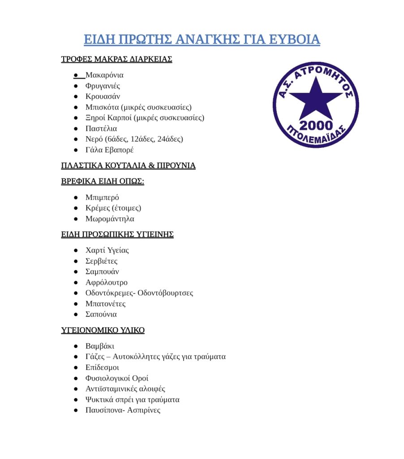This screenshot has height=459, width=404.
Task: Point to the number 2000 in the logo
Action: [316, 125]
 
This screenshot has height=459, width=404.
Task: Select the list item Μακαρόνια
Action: [104, 75]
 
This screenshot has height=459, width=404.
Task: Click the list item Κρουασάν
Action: [103, 96]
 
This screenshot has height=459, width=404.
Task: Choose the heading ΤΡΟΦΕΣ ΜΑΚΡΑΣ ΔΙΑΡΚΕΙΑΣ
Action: [116, 59]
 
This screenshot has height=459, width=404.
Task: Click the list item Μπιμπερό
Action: [102, 197]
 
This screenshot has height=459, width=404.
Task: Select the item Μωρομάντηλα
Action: [110, 219]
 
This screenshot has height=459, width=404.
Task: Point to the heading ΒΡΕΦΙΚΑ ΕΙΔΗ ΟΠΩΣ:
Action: [103, 182]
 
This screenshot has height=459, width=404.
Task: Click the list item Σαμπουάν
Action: [102, 272]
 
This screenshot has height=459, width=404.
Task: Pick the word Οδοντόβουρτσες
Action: [165, 293]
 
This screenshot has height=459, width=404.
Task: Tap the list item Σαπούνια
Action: [101, 314]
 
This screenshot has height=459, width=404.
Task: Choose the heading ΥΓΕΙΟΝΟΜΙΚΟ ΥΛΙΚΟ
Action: [103, 330]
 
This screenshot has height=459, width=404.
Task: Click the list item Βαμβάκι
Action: [99, 346]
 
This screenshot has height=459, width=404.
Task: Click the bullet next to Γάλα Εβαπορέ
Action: [76, 150]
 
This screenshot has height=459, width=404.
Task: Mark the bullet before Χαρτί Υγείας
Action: [76, 250]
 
